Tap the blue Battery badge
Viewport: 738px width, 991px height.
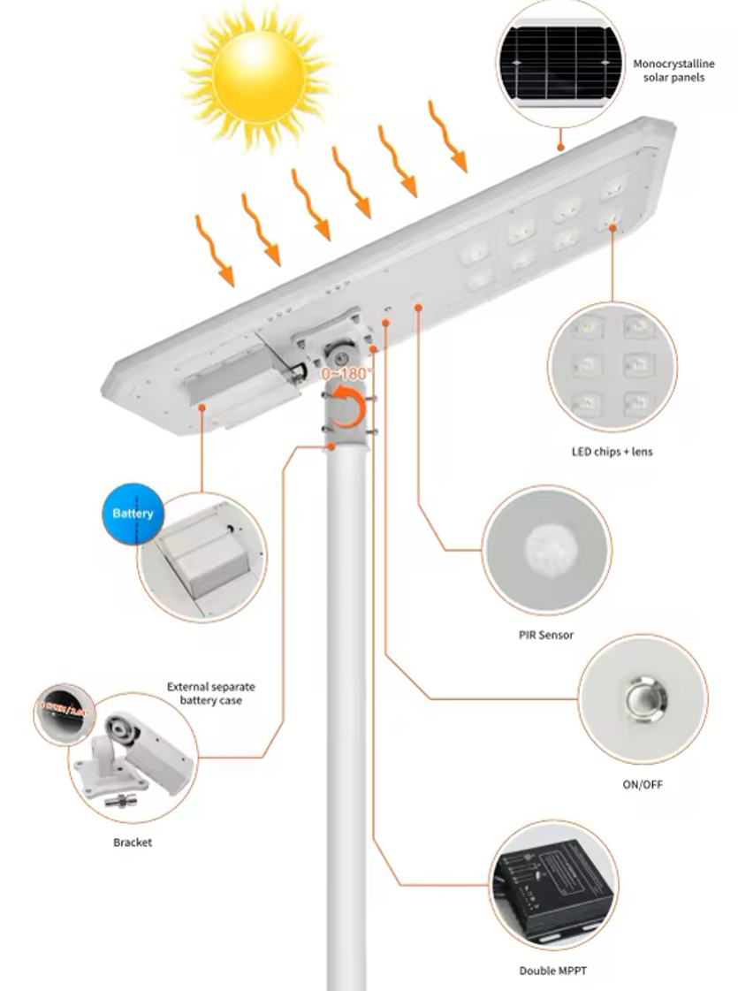pos(133,514)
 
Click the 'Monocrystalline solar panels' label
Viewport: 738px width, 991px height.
pos(673,71)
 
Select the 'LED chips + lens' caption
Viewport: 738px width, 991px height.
pos(612,453)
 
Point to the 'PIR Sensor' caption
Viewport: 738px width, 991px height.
pos(545,635)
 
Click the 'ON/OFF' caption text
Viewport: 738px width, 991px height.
pos(643,784)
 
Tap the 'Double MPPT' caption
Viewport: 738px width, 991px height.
pos(552,971)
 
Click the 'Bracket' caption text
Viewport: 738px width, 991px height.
pos(133,842)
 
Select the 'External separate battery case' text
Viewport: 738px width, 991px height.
pos(205,693)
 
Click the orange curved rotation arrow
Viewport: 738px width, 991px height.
pos(350,409)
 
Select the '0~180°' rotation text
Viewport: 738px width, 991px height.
pos(346,373)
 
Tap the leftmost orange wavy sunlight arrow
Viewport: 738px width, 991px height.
pos(215,251)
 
